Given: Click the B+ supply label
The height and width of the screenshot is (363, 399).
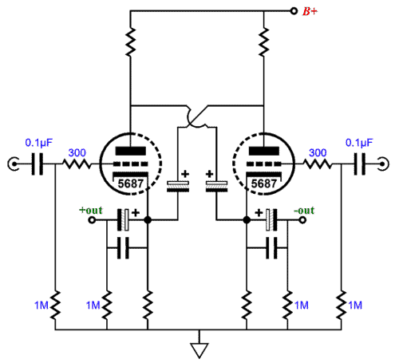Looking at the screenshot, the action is click(x=310, y=11).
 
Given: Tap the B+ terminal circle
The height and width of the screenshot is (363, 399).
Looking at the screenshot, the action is click(x=294, y=11).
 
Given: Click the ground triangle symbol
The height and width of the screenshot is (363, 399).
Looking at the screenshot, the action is click(x=199, y=350).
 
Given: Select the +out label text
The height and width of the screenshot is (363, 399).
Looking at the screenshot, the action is click(x=91, y=211).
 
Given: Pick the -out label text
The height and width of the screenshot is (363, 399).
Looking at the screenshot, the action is click(x=304, y=211).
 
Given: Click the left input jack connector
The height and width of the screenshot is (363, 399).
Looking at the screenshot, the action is click(x=14, y=164).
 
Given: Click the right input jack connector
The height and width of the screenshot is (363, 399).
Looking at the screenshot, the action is click(x=383, y=164).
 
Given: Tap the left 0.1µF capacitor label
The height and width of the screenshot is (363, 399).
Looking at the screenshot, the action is click(x=39, y=143).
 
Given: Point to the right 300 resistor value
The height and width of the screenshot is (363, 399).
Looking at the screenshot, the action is click(x=318, y=153).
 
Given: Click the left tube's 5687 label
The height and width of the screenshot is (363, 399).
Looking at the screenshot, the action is click(x=131, y=183).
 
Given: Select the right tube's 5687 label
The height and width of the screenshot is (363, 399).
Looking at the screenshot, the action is click(x=264, y=183).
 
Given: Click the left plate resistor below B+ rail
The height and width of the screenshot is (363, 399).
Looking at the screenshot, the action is click(x=130, y=41).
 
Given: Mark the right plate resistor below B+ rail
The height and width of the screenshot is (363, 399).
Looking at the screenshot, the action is click(x=264, y=41).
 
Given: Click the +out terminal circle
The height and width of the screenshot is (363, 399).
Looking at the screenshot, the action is click(x=92, y=220).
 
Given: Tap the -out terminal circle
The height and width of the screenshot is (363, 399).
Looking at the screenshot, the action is click(x=302, y=220).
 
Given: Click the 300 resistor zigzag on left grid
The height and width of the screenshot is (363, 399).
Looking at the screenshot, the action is click(x=77, y=164).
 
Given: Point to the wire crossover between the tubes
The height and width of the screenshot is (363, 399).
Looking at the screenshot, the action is click(x=197, y=117).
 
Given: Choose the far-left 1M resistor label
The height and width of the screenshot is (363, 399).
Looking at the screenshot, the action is click(x=41, y=306).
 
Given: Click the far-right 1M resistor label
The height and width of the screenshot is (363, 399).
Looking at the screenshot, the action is click(x=355, y=306).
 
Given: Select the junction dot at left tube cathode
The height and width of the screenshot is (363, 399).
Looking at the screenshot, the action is click(x=148, y=220).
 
